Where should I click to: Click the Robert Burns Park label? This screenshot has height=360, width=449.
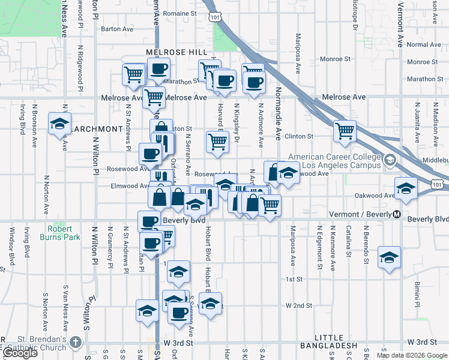[60, 233]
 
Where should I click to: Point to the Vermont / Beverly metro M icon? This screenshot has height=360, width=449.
[396, 215]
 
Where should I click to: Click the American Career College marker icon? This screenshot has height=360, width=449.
[391, 160]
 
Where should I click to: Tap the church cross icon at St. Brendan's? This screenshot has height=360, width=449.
[76, 342]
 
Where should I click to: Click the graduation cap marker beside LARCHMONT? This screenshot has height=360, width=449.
[59, 124]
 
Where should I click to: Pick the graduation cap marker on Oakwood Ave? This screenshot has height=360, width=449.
[406, 188]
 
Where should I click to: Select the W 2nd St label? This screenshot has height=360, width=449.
[299, 305]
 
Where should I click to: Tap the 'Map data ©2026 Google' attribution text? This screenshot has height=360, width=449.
[411, 355]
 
